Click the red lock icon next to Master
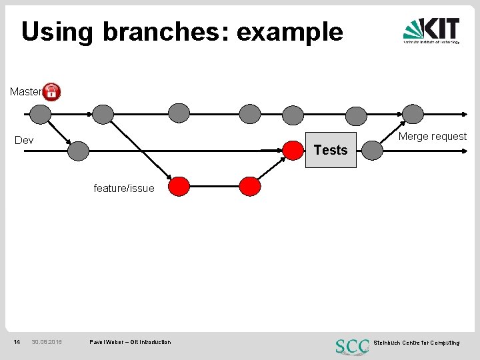pyautogui.click(x=51, y=92)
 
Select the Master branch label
pyautogui.click(x=25, y=92)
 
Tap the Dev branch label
pyautogui.click(x=24, y=141)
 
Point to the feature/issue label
pyautogui.click(x=123, y=189)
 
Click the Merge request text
pyautogui.click(x=432, y=137)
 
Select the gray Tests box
pyautogui.click(x=331, y=150)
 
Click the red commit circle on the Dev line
pyautogui.click(x=293, y=151)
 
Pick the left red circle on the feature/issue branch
pyautogui.click(x=179, y=186)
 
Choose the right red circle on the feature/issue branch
pyautogui.click(x=250, y=186)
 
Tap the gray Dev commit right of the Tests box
pyautogui.click(x=372, y=151)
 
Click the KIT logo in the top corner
pyautogui.click(x=431, y=31)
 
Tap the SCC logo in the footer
pyautogui.click(x=353, y=346)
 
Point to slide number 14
pyautogui.click(x=17, y=342)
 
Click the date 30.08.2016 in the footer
pyautogui.click(x=47, y=342)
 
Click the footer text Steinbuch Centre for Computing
pyautogui.click(x=417, y=343)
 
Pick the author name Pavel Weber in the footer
pyautogui.click(x=105, y=342)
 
